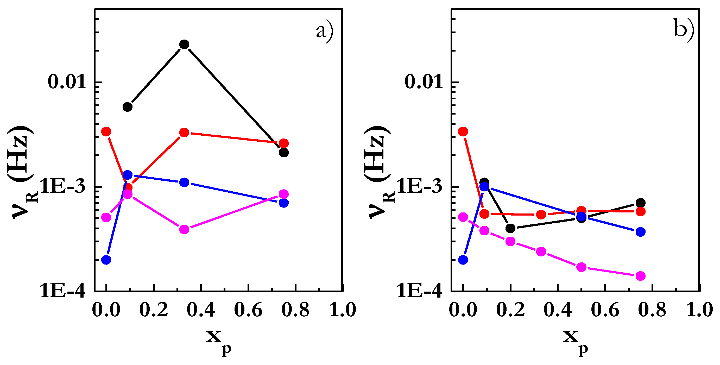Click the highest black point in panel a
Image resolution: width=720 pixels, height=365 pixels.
coord(184,44)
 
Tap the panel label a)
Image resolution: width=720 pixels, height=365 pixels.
coord(325,31)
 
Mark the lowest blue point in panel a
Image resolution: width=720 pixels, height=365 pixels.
coord(106,260)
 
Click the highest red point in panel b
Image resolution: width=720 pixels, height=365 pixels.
coord(463,132)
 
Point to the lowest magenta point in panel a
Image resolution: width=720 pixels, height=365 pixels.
coord(184,229)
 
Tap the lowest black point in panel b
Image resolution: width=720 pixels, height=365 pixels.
coord(510,228)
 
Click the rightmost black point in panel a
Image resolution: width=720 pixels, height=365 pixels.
coord(284,153)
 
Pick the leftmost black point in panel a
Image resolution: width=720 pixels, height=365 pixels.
coord(128,106)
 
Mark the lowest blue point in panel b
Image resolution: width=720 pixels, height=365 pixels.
coord(463,260)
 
